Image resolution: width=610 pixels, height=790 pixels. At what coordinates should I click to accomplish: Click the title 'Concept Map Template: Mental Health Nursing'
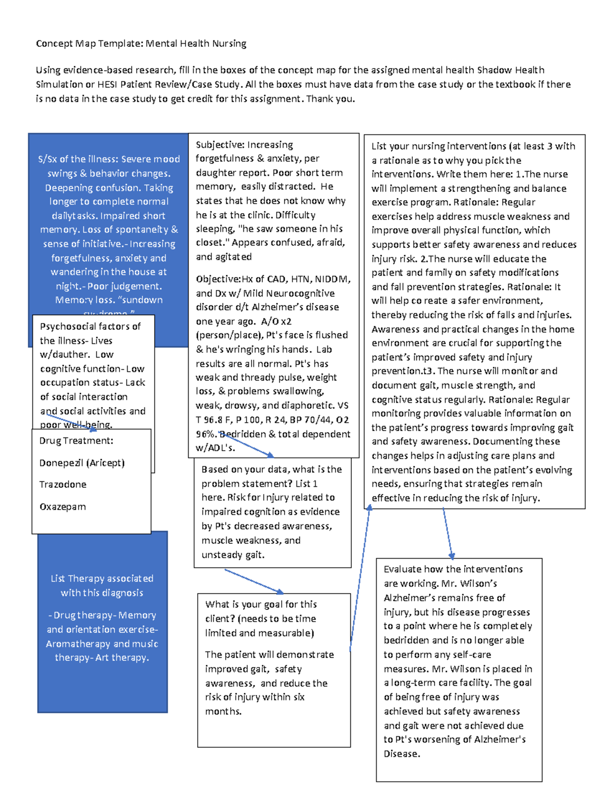tap(141, 44)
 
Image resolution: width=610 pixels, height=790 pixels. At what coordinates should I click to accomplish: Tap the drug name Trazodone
tap(63, 485)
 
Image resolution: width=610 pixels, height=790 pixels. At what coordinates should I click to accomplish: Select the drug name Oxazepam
tap(63, 507)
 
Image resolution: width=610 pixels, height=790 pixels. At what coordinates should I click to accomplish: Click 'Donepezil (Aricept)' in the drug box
tap(82, 463)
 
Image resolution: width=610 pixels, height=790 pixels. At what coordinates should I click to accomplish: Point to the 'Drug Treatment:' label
tap(76, 441)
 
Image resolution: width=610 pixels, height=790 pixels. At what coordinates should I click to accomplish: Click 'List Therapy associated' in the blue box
tap(102, 579)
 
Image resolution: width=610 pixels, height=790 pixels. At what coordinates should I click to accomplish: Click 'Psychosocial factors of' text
tap(90, 327)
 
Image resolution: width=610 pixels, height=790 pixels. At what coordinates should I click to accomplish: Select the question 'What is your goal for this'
tap(261, 604)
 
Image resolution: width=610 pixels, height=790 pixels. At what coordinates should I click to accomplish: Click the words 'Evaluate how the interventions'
tap(453, 569)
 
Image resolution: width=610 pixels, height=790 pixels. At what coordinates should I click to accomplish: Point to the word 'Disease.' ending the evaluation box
tap(402, 754)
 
